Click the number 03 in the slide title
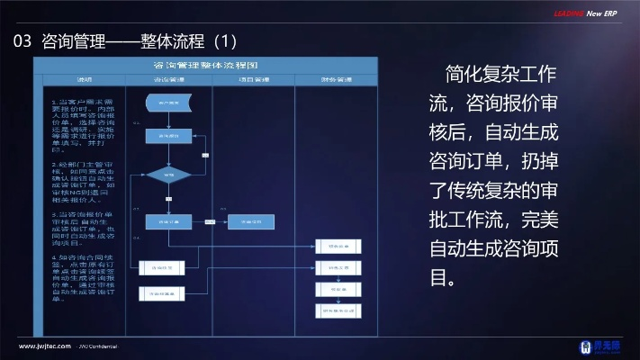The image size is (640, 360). pyautogui.click(x=23, y=41)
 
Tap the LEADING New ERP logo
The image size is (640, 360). pyautogui.click(x=586, y=13)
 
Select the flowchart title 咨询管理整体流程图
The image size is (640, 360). pyautogui.click(x=206, y=66)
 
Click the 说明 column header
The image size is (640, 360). pyautogui.click(x=84, y=80)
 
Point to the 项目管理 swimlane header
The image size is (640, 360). pyautogui.click(x=254, y=80)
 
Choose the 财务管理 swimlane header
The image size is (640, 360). pyautogui.click(x=336, y=80)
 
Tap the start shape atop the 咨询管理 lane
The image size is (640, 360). pyautogui.click(x=167, y=103)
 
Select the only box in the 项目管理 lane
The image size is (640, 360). pyautogui.click(x=248, y=220)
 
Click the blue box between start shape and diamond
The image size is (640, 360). pyautogui.click(x=167, y=136)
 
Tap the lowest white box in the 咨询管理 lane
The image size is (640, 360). pyautogui.click(x=161, y=292)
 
